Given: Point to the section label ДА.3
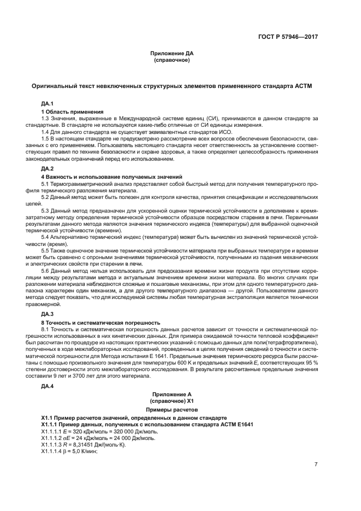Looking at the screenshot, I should click(x=48, y=314).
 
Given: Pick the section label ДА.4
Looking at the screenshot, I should click(x=48, y=386).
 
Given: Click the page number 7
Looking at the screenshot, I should click(x=316, y=465).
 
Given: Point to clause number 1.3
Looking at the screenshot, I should click(x=46, y=118).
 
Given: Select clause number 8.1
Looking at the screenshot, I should click(x=46, y=330).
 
